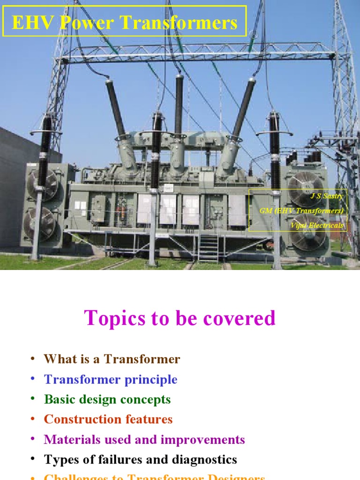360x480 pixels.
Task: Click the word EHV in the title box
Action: click(x=30, y=22)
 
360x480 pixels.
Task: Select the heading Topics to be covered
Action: click(x=180, y=318)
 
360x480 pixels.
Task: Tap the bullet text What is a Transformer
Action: click(x=112, y=360)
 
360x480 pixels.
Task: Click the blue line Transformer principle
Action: click(x=110, y=380)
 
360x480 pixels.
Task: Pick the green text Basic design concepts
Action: click(x=107, y=400)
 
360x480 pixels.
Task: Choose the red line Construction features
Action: click(x=108, y=420)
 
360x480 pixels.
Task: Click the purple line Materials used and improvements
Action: click(x=144, y=440)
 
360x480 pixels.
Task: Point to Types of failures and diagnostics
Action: click(x=140, y=460)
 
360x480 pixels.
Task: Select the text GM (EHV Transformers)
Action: click(x=301, y=211)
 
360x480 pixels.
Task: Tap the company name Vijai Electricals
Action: click(x=317, y=225)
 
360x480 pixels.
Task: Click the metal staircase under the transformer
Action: click(x=208, y=247)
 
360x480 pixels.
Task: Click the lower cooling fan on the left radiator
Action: click(x=40, y=221)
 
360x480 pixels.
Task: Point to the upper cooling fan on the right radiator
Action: click(x=305, y=187)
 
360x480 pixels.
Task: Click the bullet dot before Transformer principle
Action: click(x=33, y=379)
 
